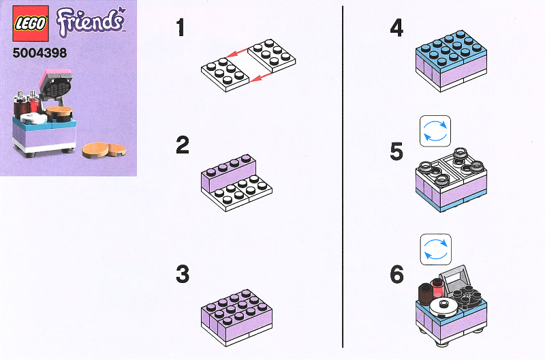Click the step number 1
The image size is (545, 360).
point(181,28)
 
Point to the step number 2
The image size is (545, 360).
point(182,145)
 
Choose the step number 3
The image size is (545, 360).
point(182,274)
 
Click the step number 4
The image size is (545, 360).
point(396,28)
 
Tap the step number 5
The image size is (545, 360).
point(396,151)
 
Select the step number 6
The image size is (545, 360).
point(396,274)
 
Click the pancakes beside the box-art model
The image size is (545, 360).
point(99,149)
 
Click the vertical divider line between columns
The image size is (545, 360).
point(342,177)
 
